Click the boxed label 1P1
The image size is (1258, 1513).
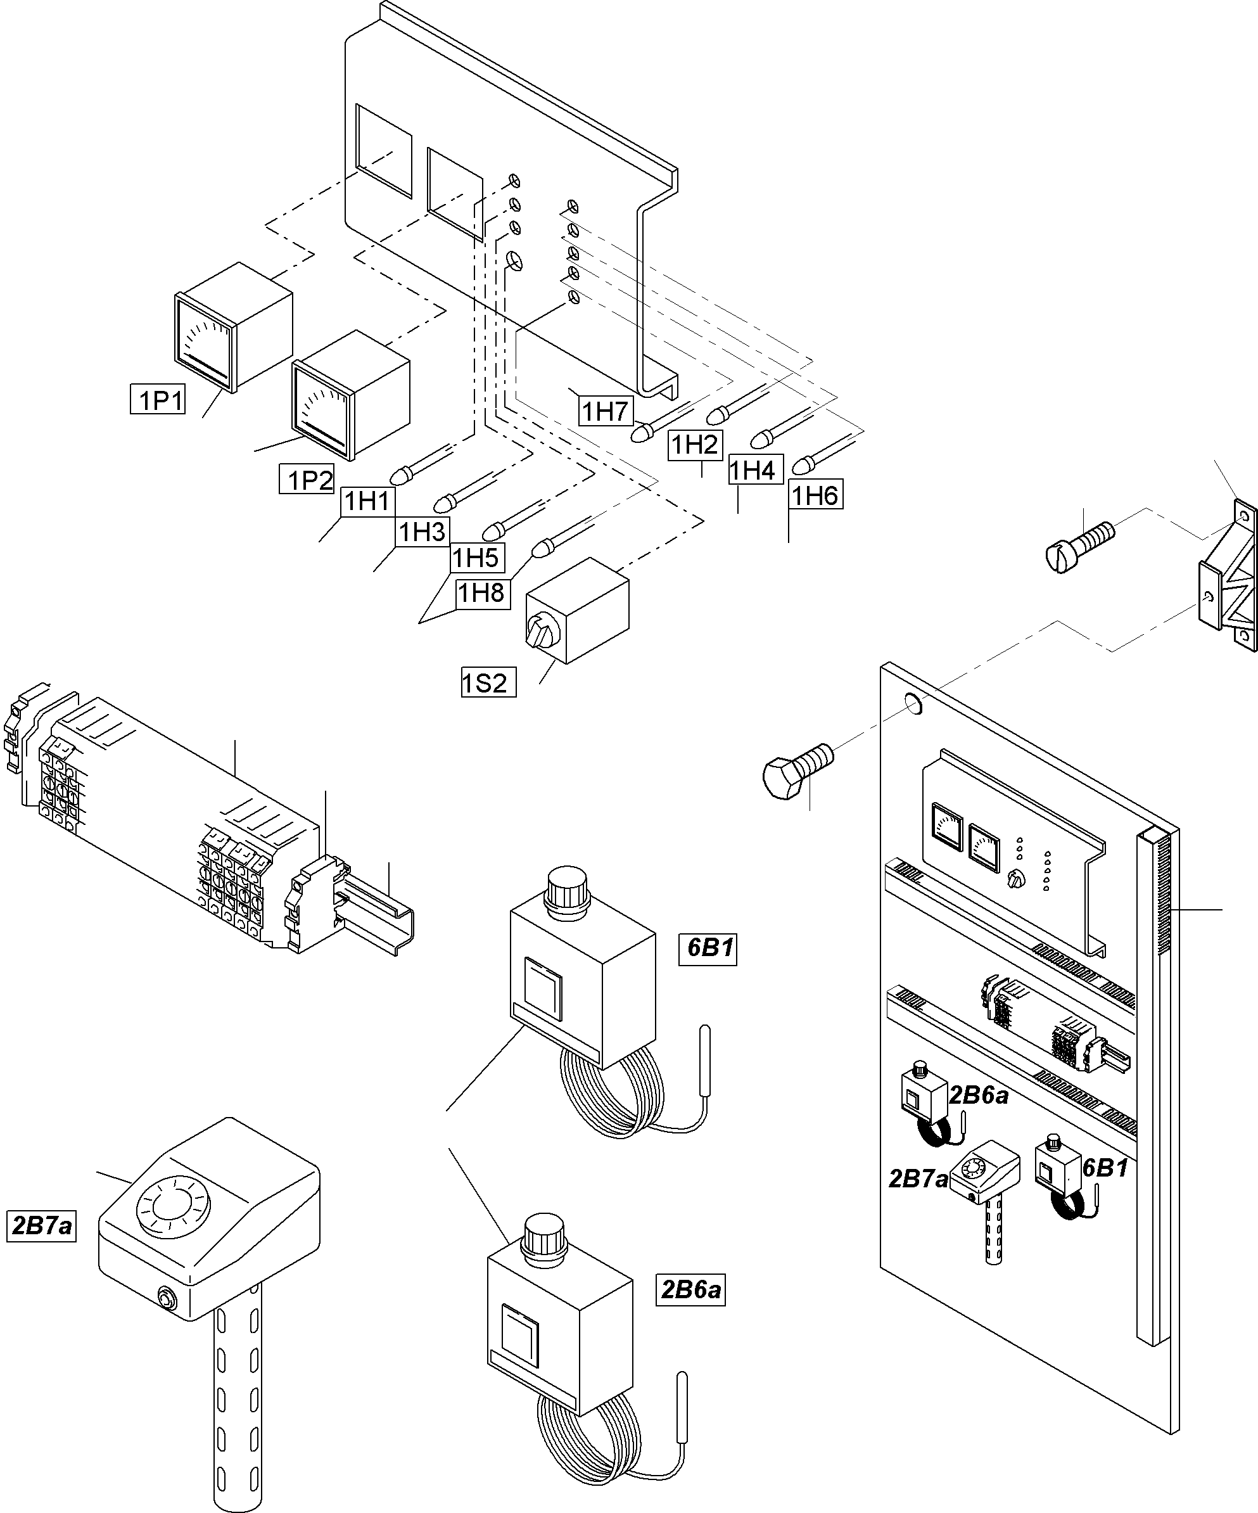pyautogui.click(x=158, y=399)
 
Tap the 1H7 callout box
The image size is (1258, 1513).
pyautogui.click(x=605, y=411)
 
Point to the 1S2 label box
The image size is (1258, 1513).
pyautogui.click(x=488, y=682)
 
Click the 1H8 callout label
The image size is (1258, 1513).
pyautogui.click(x=483, y=593)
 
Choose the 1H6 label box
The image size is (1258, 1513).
pyautogui.click(x=815, y=495)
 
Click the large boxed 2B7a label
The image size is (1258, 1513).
pyautogui.click(x=41, y=1225)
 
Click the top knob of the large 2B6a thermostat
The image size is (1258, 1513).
pyautogui.click(x=546, y=1234)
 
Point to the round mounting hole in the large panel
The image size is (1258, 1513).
pyautogui.click(x=912, y=703)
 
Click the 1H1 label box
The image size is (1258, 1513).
pyautogui.click(x=367, y=501)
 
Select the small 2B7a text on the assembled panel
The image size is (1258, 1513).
pyautogui.click(x=918, y=1178)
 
